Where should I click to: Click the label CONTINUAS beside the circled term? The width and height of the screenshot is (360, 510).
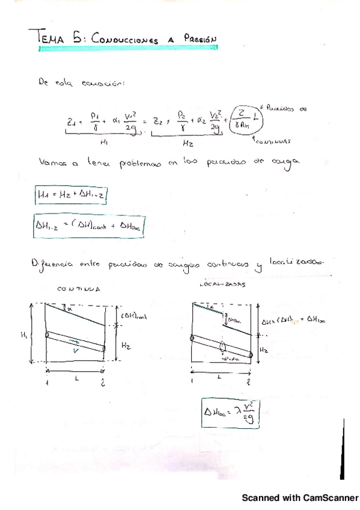[x=272, y=143]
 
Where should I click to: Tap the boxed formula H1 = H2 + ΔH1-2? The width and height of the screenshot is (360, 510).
[x=72, y=195]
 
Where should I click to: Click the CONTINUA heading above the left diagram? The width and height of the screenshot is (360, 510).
[x=79, y=289]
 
